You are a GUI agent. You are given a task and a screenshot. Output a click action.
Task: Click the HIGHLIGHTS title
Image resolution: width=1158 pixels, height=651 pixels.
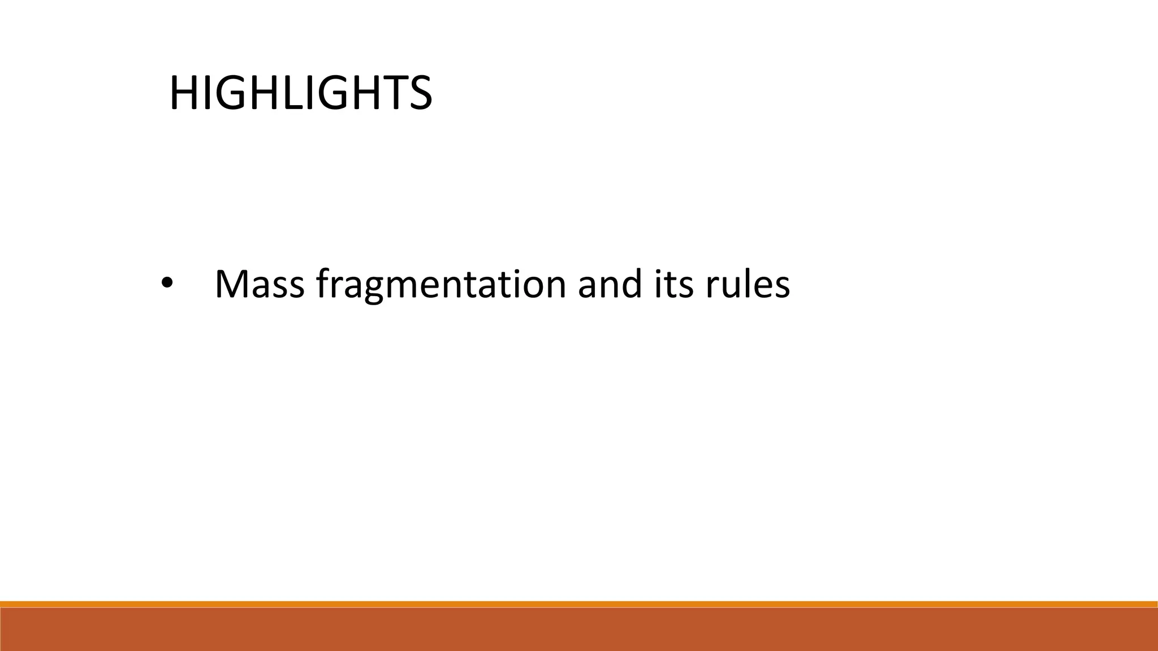300,93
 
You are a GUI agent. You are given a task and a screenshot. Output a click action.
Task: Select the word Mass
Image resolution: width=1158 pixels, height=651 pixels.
260,284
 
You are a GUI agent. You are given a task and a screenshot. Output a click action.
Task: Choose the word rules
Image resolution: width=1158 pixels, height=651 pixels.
747,284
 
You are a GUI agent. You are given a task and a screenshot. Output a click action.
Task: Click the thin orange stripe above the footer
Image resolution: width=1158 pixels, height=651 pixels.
579,604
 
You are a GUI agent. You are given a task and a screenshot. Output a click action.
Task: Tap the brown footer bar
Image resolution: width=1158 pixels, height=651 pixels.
579,630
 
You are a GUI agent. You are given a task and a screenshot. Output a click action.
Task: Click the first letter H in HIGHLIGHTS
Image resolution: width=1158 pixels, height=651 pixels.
182,93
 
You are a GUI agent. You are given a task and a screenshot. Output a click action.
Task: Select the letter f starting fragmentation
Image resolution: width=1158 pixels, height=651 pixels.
322,283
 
